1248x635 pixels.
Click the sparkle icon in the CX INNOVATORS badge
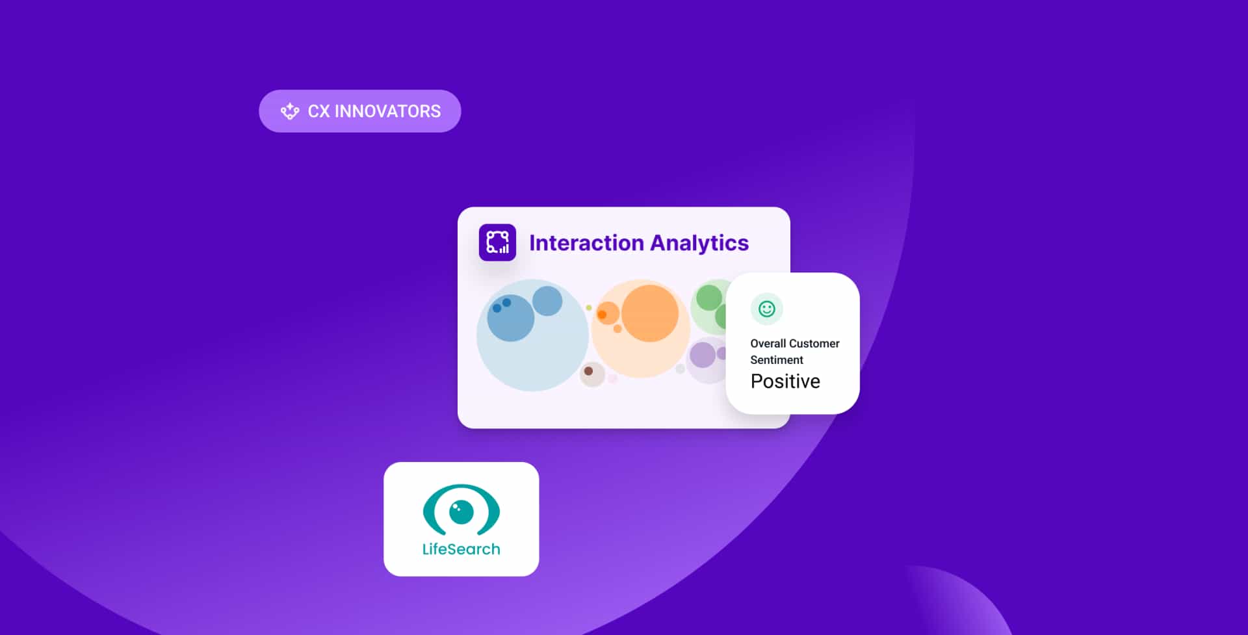[289, 111]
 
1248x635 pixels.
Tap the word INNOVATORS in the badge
[387, 111]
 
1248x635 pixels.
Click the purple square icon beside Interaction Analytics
[497, 242]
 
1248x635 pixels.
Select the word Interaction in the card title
[586, 242]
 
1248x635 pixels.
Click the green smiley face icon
[767, 309]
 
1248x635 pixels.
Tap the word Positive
[785, 381]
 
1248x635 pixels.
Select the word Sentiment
[777, 360]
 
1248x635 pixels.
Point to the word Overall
[768, 343]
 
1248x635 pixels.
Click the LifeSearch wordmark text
[461, 549]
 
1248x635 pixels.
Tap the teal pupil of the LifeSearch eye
[461, 512]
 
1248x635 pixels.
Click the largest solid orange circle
[650, 313]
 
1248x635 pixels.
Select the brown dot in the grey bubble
[588, 371]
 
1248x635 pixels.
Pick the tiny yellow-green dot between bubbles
[589, 307]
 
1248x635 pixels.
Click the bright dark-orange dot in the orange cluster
[602, 315]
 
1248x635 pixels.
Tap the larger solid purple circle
[702, 355]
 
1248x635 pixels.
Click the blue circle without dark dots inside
[547, 301]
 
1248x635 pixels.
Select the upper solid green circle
[709, 298]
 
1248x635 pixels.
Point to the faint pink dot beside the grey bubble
[612, 378]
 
